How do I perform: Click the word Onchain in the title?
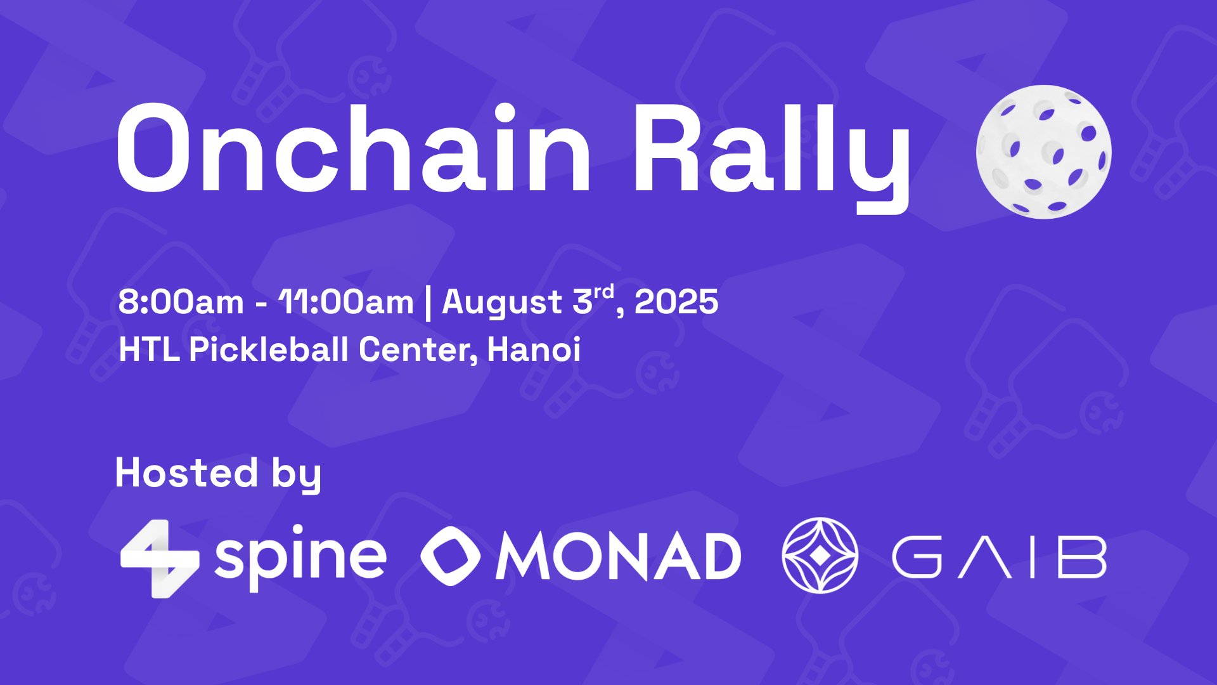coord(352,150)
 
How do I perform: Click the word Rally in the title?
coord(771,152)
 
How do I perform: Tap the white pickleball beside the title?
coord(1043,152)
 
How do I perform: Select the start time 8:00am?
coord(181,302)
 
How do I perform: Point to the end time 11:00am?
coord(346,302)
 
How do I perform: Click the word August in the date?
coord(502,302)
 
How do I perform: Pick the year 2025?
coord(676,302)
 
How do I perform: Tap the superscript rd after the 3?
coord(604,292)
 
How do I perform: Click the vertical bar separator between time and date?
coord(428,303)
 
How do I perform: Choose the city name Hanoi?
coord(534,349)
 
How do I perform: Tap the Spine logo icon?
coord(160,559)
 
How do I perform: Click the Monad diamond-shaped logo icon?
coord(451,556)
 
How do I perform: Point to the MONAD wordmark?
coord(618,556)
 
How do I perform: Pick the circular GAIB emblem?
coord(820,556)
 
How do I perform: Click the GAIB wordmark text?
coord(999,557)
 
